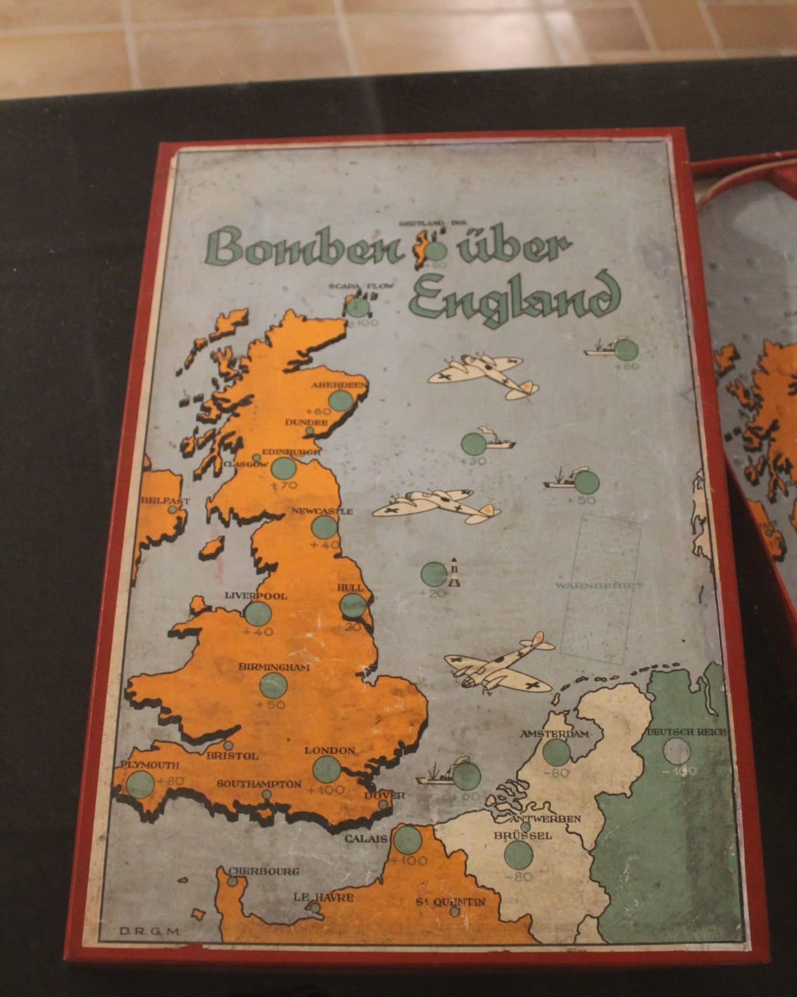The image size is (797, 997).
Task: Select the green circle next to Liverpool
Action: (258, 614)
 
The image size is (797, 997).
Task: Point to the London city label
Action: (330, 750)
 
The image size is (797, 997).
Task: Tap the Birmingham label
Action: (273, 667)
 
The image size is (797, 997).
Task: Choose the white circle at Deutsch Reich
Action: (676, 752)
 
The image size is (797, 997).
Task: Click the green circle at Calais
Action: (407, 840)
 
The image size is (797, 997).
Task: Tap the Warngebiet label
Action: (598, 585)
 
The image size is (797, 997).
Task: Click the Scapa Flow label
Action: (354, 286)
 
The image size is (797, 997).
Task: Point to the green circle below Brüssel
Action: (518, 856)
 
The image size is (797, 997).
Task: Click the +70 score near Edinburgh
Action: (285, 485)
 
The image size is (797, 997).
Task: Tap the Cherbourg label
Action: (264, 871)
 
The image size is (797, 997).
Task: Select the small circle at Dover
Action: (383, 805)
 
